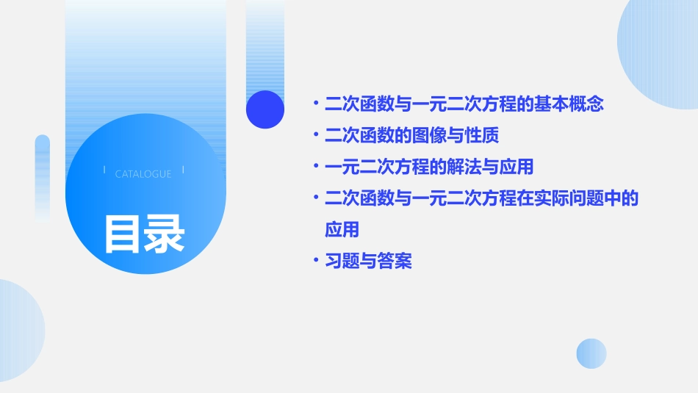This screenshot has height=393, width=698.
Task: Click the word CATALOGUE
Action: coord(143,174)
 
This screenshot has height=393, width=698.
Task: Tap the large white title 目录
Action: coord(144,234)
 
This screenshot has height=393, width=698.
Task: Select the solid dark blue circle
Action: coord(265,109)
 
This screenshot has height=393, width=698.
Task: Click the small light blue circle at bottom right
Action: coord(591,353)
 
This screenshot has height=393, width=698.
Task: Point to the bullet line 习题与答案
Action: coord(368,261)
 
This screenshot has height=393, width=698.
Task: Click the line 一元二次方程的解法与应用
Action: coord(428,167)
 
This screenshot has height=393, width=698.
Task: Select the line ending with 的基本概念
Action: coord(464,104)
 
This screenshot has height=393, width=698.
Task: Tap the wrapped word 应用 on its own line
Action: coord(342,229)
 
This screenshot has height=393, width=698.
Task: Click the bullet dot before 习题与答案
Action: coord(315,261)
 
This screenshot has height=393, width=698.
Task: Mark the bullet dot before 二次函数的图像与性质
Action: coord(315,136)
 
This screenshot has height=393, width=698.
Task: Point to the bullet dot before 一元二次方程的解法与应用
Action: coord(315,167)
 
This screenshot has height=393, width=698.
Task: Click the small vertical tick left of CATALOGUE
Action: coord(104,170)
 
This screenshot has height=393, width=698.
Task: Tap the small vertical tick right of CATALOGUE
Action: coord(183,170)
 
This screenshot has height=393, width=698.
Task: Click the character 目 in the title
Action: coord(122,234)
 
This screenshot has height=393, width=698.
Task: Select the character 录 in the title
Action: coord(165,234)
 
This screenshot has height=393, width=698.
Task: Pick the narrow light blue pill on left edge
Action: coord(43,176)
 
